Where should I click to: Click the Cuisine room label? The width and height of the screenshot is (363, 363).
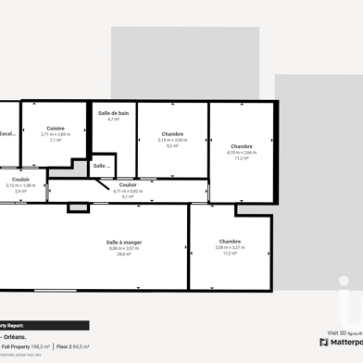point(56,129)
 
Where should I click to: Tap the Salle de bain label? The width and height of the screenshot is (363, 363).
point(113,113)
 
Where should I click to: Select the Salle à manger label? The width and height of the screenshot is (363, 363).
point(124,242)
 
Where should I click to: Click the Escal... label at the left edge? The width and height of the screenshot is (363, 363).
point(7,133)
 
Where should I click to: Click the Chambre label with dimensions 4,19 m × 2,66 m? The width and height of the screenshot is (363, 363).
point(242,146)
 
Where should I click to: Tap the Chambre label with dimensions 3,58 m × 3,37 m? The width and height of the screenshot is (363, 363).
point(230,241)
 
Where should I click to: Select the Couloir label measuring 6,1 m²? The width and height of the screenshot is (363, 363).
point(128,184)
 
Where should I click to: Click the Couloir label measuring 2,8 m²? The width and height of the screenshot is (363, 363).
point(20,179)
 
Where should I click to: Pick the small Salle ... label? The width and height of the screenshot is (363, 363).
point(101,166)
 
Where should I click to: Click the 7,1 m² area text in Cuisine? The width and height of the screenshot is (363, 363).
point(56,140)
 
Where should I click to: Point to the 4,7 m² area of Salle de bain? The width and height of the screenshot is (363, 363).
point(113,119)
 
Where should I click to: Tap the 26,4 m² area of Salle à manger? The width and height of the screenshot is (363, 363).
point(124,254)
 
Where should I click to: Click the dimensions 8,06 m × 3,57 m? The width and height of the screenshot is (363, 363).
point(124,248)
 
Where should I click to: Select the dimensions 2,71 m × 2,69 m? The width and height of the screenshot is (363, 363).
point(56,134)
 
